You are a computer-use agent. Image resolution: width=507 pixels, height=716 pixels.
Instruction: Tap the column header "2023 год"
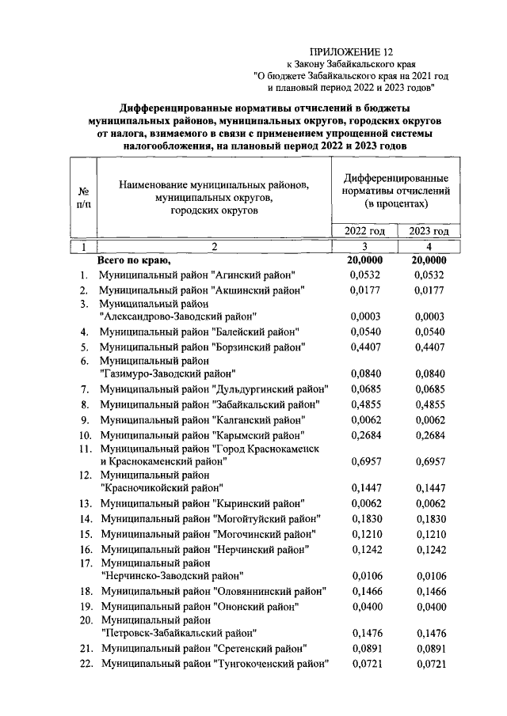click(429, 231)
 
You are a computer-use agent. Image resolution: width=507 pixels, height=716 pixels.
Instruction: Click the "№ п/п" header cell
click(83, 197)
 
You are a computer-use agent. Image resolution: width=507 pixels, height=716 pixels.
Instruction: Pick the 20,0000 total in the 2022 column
click(364, 260)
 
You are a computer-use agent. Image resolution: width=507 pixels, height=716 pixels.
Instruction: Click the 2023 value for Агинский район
click(429, 275)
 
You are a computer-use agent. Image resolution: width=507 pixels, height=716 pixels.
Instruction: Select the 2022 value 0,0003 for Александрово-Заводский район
click(364, 316)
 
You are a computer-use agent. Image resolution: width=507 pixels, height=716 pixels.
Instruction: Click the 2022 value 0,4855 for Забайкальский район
click(364, 403)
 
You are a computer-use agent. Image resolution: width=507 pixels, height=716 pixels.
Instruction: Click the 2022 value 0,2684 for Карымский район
click(364, 434)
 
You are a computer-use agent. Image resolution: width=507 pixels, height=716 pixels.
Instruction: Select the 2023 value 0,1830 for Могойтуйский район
click(429, 518)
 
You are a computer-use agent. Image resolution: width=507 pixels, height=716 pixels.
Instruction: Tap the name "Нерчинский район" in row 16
click(261, 549)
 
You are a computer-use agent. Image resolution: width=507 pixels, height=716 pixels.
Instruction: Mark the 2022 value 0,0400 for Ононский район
click(364, 606)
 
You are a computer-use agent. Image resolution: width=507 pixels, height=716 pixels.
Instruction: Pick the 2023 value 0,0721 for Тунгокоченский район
click(429, 663)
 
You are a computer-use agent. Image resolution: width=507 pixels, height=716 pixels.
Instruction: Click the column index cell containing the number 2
click(212, 247)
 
